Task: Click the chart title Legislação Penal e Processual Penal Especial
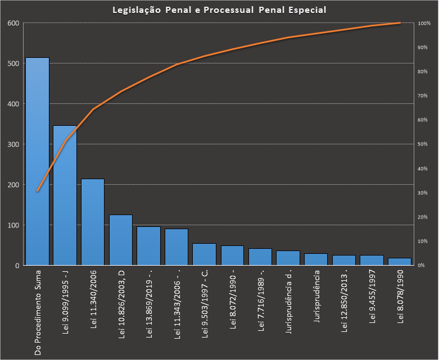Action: coord(219,10)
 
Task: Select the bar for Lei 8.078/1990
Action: coord(400,262)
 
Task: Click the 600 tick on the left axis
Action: coord(13,23)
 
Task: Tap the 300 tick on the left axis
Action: coord(13,144)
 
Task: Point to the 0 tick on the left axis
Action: coord(17,266)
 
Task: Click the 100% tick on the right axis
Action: coord(424,23)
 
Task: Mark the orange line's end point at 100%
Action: coord(400,23)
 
